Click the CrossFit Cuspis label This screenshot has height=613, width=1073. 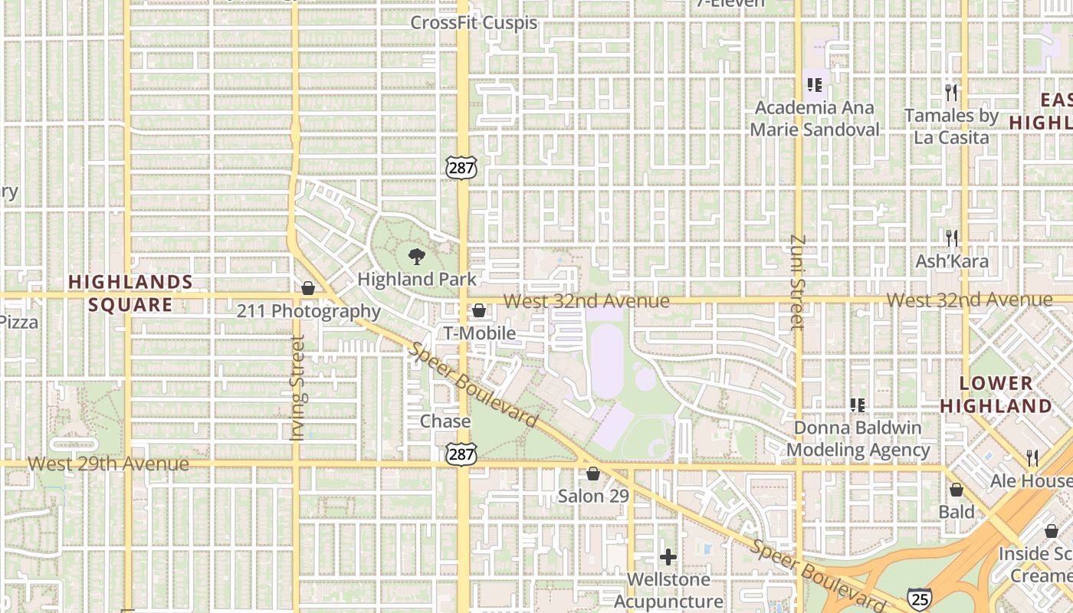tap(474, 23)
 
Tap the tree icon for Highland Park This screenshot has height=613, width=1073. tap(417, 256)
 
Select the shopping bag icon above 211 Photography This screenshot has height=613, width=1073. tap(308, 288)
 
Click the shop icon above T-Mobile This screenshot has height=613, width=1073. tap(479, 310)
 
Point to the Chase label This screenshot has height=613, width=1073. tap(445, 421)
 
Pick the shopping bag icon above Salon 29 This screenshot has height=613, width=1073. tap(592, 474)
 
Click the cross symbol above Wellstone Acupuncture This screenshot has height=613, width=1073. tap(668, 557)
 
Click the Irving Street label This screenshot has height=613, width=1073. tap(298, 388)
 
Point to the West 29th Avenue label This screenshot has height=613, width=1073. tap(108, 464)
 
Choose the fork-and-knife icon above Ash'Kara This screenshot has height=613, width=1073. tap(951, 238)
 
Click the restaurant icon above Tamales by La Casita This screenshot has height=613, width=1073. tap(951, 93)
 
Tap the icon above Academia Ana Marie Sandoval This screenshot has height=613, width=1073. tap(814, 84)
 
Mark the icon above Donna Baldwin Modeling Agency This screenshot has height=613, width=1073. tap(857, 405)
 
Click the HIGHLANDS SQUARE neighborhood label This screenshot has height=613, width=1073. tap(130, 293)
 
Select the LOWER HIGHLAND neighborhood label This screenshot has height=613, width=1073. tap(996, 395)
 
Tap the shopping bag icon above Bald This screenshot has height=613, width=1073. tap(957, 490)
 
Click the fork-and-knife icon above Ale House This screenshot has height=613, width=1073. tap(1032, 457)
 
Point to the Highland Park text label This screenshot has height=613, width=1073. tap(417, 280)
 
